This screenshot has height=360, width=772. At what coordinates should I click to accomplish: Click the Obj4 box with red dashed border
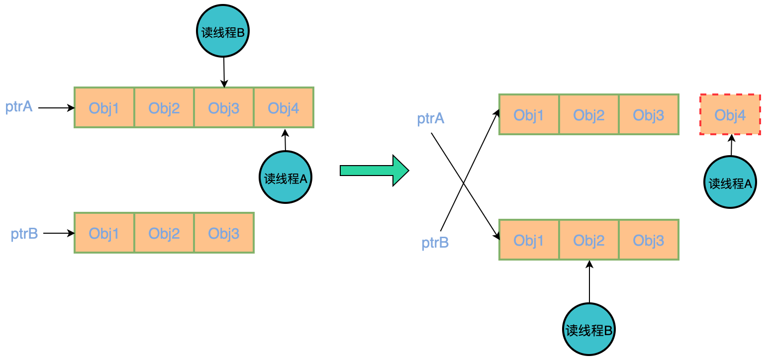tap(730, 114)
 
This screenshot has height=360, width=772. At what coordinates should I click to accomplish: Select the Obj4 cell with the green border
tap(284, 108)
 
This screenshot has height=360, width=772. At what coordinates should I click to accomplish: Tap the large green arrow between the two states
tap(374, 171)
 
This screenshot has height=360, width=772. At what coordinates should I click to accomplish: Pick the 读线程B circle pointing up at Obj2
tap(589, 330)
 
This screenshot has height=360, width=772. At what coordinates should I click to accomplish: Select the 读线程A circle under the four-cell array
tap(286, 178)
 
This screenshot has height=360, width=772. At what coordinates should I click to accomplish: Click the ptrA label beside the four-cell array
tap(19, 106)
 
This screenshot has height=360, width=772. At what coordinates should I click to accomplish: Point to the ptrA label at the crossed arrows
tap(431, 119)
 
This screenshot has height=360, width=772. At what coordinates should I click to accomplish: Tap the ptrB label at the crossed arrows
tap(435, 243)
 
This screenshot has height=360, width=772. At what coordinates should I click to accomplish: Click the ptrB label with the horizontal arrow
tap(24, 233)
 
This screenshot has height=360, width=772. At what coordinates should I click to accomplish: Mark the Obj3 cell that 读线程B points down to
tap(224, 108)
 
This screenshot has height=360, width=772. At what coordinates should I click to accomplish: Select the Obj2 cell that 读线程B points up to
tap(589, 240)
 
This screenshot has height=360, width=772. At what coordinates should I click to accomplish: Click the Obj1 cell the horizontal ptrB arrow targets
tap(104, 233)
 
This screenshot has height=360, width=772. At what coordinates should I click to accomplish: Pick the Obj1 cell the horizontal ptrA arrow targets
tap(104, 108)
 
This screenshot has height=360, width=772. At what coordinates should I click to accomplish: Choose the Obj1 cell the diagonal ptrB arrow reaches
tap(529, 115)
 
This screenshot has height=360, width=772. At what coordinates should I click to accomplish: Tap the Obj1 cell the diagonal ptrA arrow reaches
tap(529, 240)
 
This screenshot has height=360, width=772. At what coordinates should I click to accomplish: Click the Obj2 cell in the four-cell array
tap(164, 108)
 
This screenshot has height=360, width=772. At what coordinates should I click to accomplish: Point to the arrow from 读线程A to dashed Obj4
tap(731, 145)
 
